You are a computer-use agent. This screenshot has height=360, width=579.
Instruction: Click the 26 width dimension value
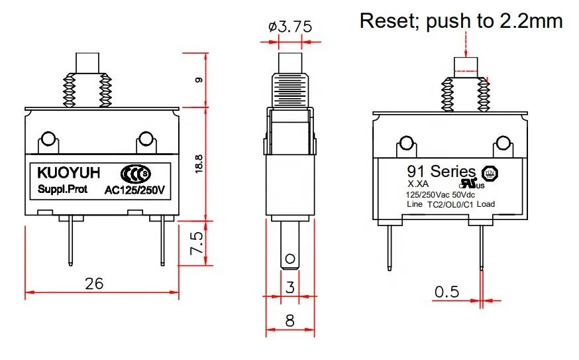pyautogui.click(x=95, y=283)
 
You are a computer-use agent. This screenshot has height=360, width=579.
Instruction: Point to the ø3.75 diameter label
pyautogui.click(x=290, y=28)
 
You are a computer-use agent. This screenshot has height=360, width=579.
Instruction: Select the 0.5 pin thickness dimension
pyautogui.click(x=447, y=292)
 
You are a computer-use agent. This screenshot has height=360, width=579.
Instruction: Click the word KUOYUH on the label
pyautogui.click(x=69, y=173)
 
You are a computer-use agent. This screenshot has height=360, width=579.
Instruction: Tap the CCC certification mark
pyautogui.click(x=136, y=174)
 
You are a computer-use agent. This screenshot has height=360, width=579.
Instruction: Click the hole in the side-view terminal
pyautogui.click(x=289, y=258)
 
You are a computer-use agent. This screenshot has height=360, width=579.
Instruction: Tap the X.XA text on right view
pyautogui.click(x=419, y=184)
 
